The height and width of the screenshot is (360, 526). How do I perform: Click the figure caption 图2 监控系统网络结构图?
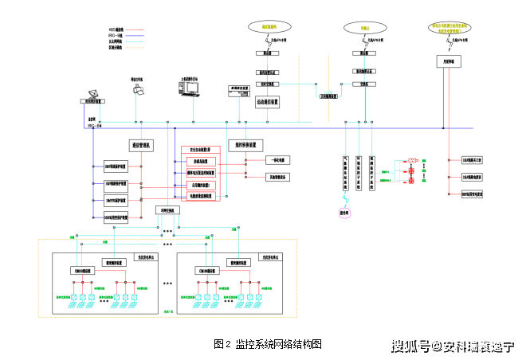pos(268,344)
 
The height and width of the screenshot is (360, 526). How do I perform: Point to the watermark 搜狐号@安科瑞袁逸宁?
pos(452,347)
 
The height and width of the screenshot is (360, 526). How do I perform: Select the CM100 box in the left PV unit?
pos(83,271)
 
